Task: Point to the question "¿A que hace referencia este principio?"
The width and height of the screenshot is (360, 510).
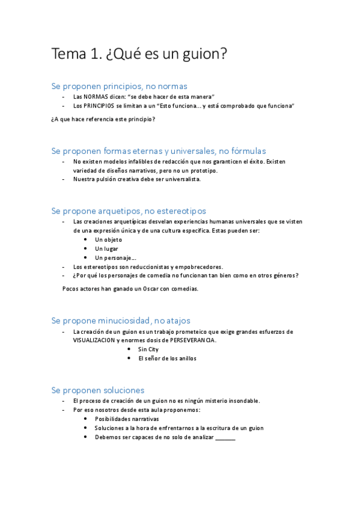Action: pos(103,119)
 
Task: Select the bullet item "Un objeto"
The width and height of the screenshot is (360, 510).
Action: pos(108,239)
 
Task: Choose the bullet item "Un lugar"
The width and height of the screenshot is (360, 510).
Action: pos(106,248)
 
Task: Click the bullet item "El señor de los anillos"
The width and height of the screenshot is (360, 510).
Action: pos(167,358)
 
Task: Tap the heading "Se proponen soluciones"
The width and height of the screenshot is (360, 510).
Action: pos(97,390)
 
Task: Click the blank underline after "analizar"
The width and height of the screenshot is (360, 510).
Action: pos(225,438)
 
